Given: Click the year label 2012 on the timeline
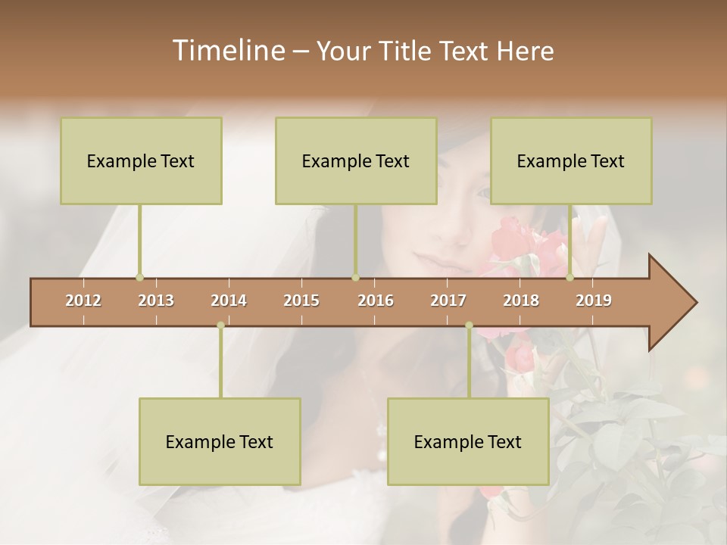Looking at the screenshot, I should point(83,301).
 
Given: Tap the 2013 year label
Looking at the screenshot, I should point(156,301).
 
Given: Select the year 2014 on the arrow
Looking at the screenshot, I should point(229,301).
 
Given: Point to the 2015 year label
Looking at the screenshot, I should point(301,301).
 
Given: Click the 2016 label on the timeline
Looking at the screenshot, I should point(376,301).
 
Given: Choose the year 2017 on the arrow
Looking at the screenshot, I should point(448,301).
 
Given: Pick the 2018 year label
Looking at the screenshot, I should point(521,301).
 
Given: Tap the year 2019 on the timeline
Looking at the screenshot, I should point(594,301).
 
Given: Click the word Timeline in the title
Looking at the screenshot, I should point(226,51).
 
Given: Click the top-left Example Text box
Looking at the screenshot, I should point(141,160).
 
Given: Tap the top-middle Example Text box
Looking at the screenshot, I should point(356,160).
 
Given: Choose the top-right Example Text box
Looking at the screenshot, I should point(571,160).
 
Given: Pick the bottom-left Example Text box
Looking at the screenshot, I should point(220,441).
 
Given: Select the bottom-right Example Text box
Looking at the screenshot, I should point(468,441).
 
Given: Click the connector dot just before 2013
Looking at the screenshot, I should point(139,278).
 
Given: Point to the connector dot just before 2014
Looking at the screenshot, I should point(220,325).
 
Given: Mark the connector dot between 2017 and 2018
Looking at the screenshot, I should point(469,325).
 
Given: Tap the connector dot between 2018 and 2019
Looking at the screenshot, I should point(570,278).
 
